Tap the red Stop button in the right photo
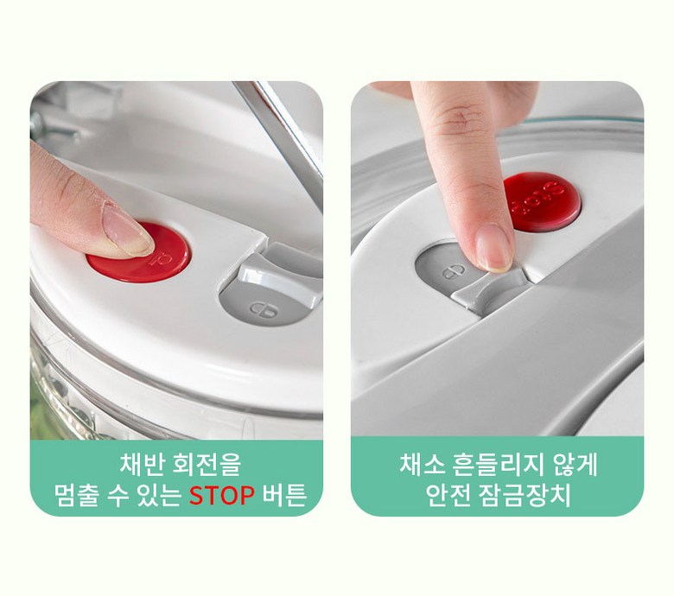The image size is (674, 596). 543,200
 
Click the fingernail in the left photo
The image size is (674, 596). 128,233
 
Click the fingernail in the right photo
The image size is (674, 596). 494,249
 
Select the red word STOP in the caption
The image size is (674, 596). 222,496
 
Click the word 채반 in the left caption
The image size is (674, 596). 141,465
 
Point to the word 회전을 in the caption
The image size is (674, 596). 206,465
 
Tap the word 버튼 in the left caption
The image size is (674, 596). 284,496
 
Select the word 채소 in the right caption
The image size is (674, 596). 422,465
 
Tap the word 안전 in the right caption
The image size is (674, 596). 448,496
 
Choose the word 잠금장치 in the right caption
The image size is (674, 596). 525,496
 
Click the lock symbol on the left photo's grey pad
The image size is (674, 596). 263,309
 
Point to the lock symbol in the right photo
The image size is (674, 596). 454,272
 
